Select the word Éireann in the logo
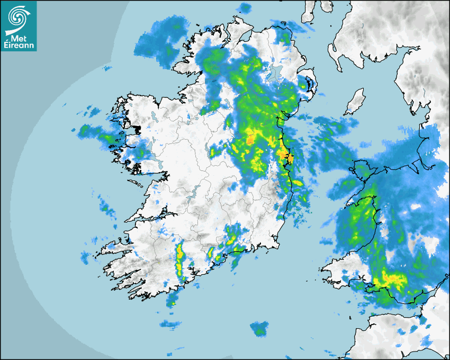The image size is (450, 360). (x=18, y=45)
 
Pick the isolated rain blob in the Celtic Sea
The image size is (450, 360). (x=259, y=328)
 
